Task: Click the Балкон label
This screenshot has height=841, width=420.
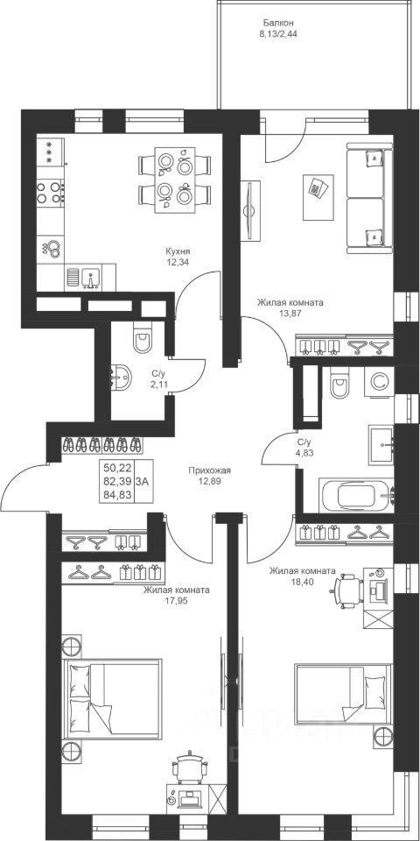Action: coord(278,23)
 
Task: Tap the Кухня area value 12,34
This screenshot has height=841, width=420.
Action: coord(178,262)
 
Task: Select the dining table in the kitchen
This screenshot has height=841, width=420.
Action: coord(175,180)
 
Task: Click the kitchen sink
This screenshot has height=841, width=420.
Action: coord(89,278)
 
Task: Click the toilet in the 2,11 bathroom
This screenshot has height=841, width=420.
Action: coord(143,336)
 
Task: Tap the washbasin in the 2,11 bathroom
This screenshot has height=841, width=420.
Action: coord(120,378)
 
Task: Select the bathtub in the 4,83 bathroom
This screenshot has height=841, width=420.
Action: coord(356,496)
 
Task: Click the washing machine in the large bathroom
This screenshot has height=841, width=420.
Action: coord(379,381)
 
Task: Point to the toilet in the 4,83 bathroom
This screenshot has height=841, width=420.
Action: coord(340,383)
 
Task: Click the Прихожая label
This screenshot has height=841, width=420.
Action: coord(209,470)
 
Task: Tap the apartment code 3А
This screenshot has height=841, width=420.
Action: coord(143,481)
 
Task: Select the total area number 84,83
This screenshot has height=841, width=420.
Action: coord(115,494)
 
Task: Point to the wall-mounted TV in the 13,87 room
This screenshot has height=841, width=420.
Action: coord(250,211)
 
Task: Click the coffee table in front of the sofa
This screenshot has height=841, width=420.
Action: coord(318,197)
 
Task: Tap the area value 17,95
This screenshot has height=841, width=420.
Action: coord(176,599)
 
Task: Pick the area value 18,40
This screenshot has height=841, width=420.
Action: coord(303,580)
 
